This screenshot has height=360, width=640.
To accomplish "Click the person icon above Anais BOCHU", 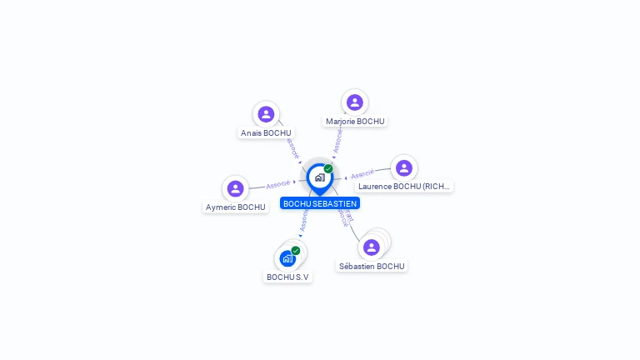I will (266, 114).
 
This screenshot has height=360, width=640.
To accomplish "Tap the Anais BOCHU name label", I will (266, 132).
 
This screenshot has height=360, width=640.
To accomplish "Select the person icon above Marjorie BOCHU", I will (355, 102).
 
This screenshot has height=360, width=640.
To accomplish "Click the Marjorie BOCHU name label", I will (355, 121).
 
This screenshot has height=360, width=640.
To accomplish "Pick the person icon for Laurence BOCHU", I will (404, 168).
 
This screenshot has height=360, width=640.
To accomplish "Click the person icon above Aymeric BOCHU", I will (236, 189).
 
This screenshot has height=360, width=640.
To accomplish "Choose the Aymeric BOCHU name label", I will (235, 207).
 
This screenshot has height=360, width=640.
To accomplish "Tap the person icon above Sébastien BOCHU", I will (372, 247).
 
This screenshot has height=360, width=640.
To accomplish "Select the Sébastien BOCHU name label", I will (372, 266).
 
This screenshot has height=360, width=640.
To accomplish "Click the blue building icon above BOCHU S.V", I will (287, 258).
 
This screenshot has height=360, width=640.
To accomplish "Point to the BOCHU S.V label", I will (287, 277).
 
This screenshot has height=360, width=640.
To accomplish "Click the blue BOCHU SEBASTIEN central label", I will (320, 203).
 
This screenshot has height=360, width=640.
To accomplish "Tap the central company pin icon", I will (319, 177).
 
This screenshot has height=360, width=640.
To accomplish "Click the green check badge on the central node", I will (328, 169).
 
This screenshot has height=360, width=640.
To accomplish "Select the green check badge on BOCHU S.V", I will (296, 251).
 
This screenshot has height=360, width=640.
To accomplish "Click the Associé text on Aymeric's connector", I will (278, 184).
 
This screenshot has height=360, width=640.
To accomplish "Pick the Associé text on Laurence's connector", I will (362, 175).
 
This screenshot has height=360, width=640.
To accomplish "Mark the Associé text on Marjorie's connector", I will (337, 139).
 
